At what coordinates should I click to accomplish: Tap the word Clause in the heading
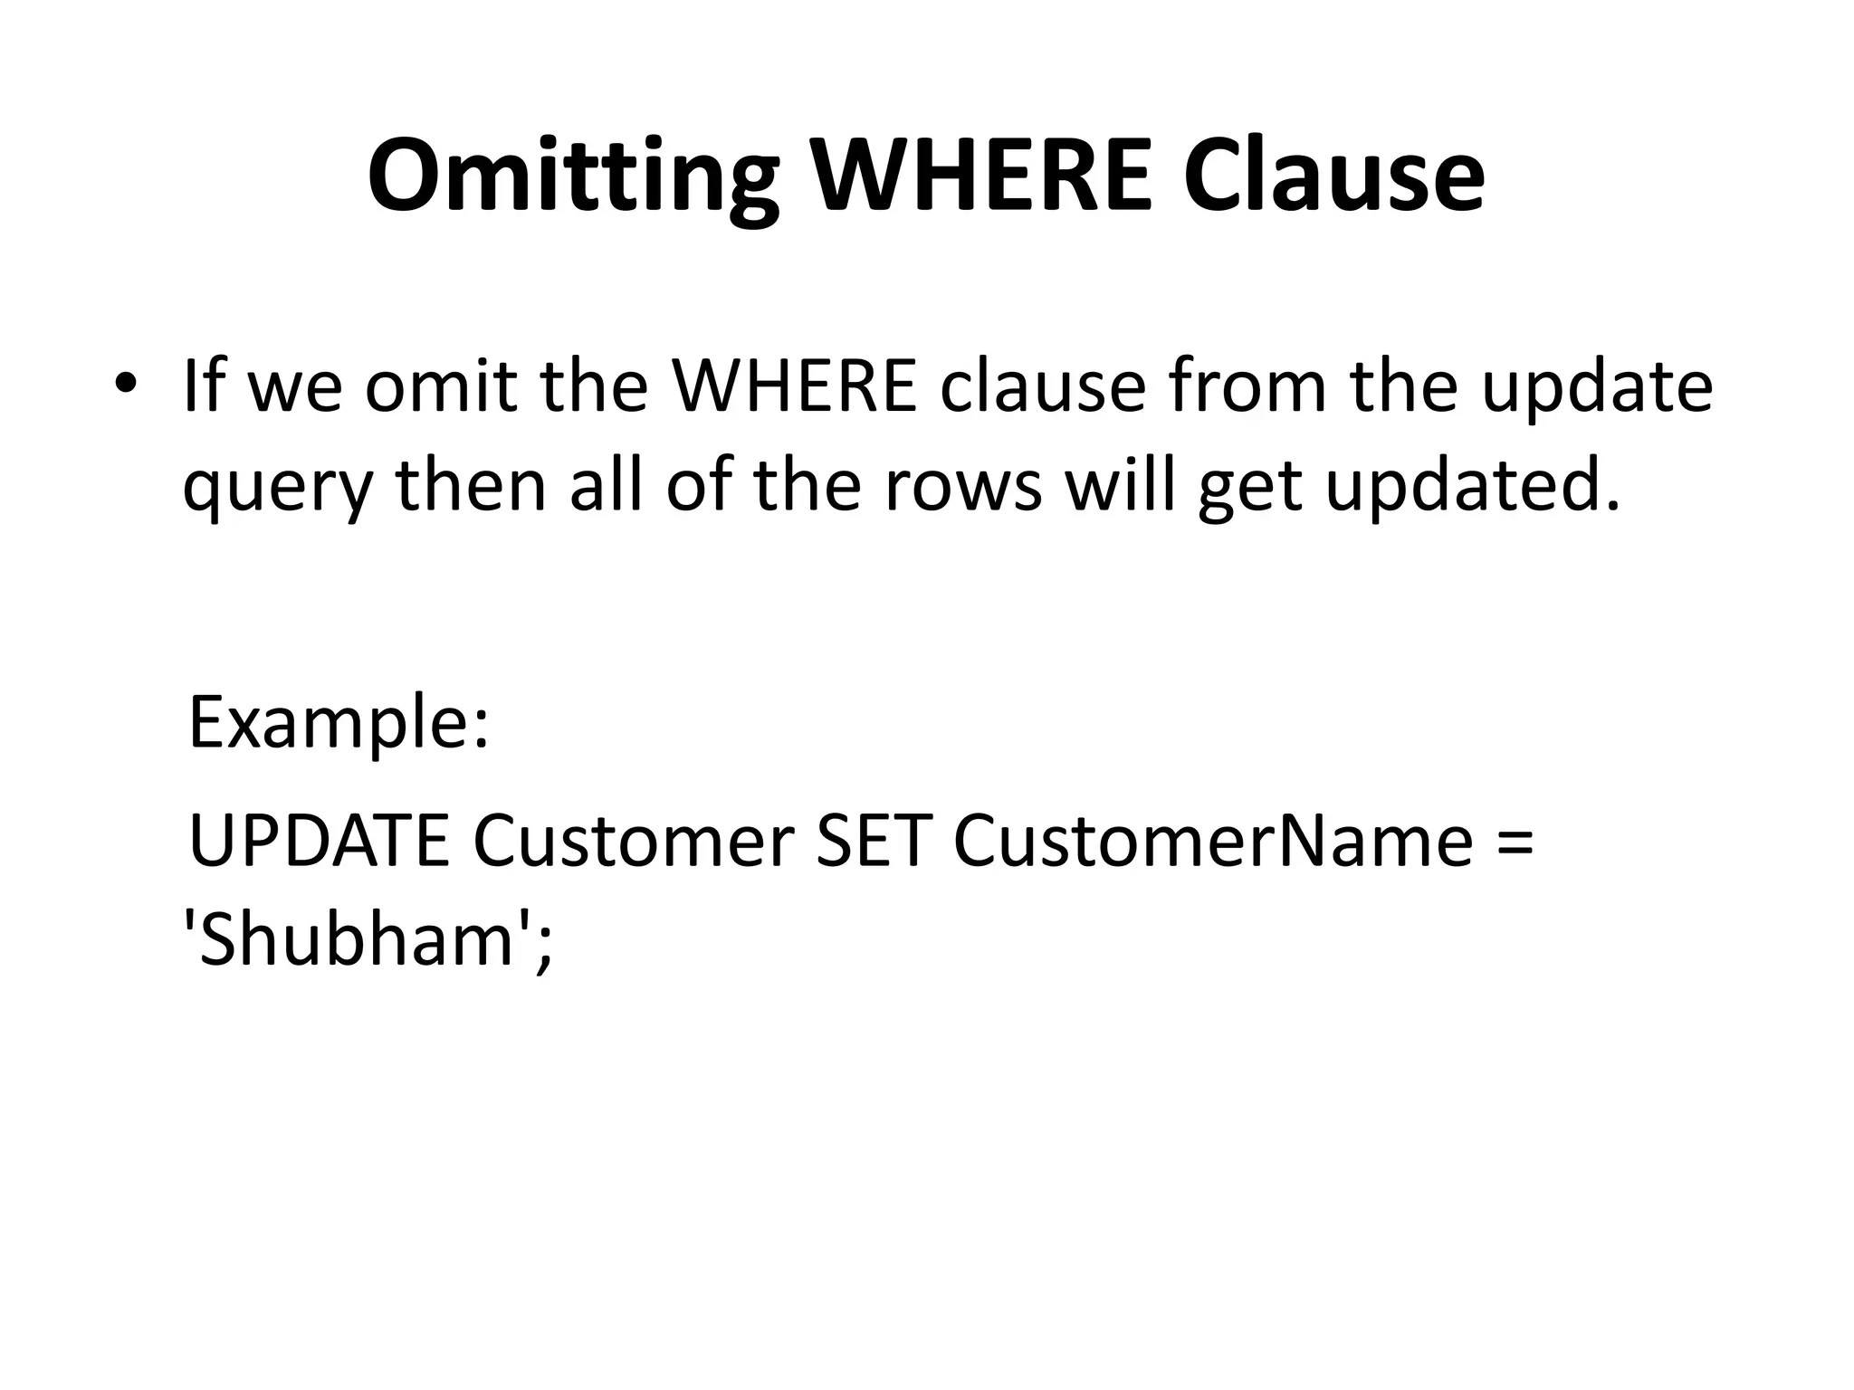[x=1333, y=174]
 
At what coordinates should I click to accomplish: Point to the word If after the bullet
[x=205, y=386]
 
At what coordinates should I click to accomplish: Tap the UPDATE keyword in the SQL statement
[x=319, y=842]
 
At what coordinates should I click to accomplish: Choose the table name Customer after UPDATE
[x=634, y=842]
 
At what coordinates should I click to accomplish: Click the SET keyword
[x=874, y=842]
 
